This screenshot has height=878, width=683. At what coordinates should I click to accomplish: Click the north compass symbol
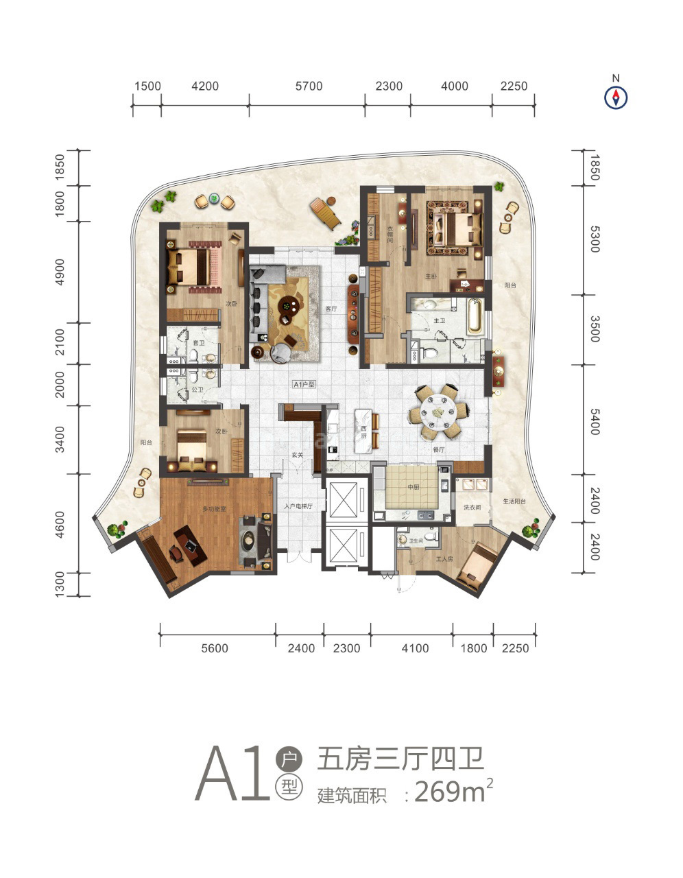click(616, 98)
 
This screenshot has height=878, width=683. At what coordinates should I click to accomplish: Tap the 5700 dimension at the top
click(309, 86)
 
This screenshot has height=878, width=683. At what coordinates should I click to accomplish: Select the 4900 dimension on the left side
click(60, 272)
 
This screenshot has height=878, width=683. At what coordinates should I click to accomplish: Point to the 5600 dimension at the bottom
click(215, 648)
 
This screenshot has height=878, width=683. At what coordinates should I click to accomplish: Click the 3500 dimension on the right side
click(594, 329)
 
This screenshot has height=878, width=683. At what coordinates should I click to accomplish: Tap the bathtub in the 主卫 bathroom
click(474, 316)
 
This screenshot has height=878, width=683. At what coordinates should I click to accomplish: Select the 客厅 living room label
click(331, 309)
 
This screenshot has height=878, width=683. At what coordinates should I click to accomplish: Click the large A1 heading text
click(233, 774)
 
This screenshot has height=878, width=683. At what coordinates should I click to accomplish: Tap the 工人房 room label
click(445, 559)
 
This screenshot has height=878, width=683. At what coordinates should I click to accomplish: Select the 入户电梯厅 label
click(298, 507)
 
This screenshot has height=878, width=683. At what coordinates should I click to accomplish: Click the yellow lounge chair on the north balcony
click(325, 213)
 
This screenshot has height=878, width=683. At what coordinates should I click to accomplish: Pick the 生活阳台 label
click(513, 502)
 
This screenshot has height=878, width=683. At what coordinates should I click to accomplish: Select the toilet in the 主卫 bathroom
click(429, 353)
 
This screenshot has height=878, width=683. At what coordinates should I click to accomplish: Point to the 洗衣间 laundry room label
click(472, 508)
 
